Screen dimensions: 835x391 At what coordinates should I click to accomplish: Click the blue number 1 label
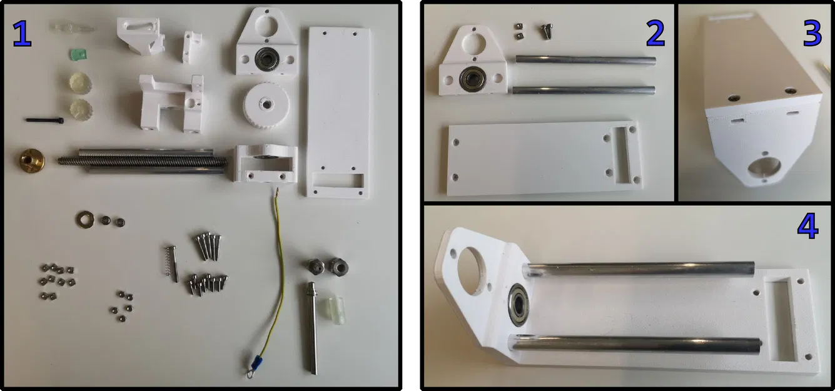(22, 34)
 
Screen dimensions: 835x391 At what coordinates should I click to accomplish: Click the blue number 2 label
(655, 34)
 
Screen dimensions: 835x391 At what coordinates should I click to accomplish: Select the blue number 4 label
(808, 226)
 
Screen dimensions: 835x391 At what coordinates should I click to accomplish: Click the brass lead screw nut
(32, 160)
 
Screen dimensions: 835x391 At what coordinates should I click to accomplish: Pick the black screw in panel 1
(45, 120)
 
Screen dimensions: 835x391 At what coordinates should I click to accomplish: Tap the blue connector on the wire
(256, 362)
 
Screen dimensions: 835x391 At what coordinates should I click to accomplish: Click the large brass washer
(84, 220)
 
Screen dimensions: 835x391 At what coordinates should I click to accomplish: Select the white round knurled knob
(266, 105)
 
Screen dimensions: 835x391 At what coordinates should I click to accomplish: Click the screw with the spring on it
(171, 263)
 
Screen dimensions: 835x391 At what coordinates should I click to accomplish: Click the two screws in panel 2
(547, 31)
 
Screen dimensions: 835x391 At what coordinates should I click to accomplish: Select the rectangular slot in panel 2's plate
(622, 155)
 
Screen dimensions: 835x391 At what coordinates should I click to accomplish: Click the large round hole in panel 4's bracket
(471, 271)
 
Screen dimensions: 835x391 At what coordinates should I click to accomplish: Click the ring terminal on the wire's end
(250, 372)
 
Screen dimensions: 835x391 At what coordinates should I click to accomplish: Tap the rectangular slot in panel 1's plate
(338, 180)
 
